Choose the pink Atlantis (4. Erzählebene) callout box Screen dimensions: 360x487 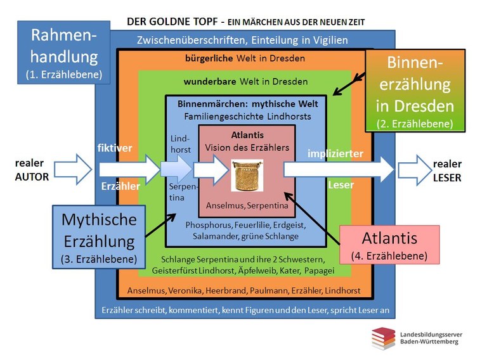point(389,245)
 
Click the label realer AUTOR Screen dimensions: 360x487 point(31,170)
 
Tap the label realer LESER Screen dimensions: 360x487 point(447,170)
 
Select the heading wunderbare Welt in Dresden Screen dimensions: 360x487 point(245,82)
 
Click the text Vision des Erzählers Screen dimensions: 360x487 point(246,146)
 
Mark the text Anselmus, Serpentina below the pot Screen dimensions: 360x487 point(247,206)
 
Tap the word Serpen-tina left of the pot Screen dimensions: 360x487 point(180,193)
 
